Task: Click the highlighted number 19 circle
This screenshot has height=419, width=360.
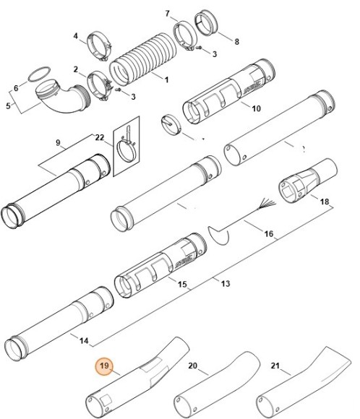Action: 104,368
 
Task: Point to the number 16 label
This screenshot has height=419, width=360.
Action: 268,234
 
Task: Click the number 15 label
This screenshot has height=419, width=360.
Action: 183,285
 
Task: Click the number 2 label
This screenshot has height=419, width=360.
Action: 75,69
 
